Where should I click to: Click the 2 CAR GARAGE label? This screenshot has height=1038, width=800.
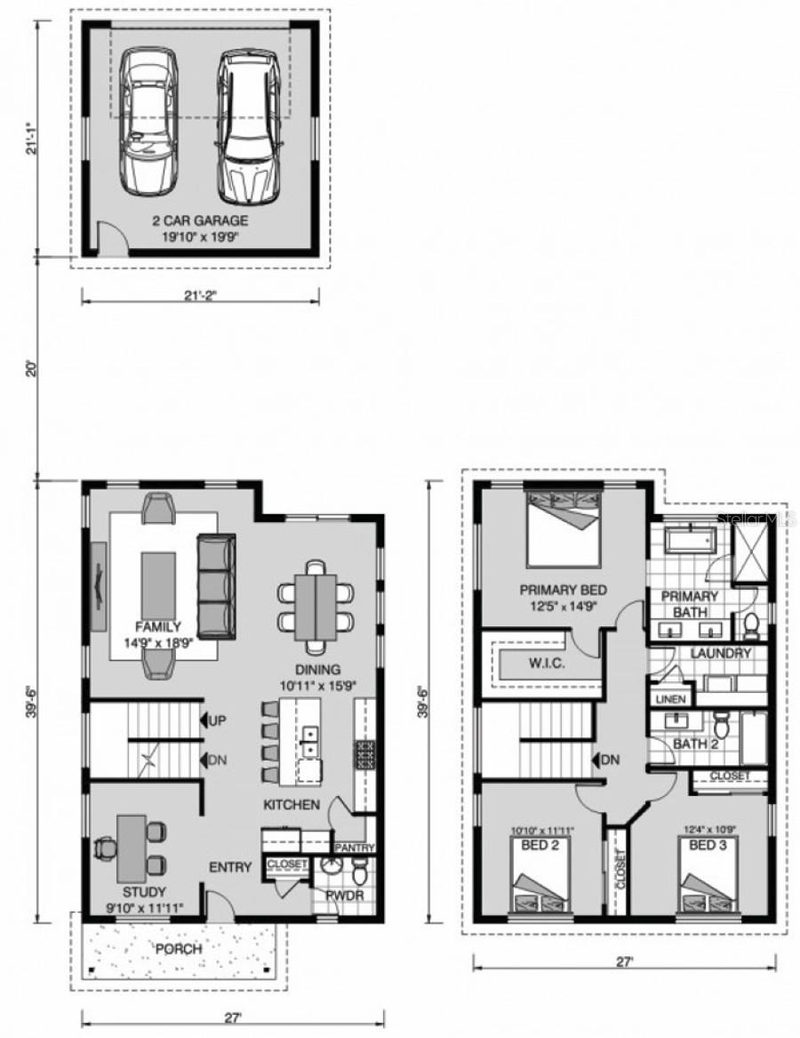(x=198, y=221)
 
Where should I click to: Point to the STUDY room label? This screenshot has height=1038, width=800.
(x=144, y=891)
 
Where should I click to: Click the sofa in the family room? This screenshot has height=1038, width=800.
(x=216, y=586)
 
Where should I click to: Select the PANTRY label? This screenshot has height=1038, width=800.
(x=354, y=849)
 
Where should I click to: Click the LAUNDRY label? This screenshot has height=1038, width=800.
(x=721, y=653)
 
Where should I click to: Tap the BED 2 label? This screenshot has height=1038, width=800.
(x=540, y=845)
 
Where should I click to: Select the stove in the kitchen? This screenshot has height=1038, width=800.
(x=364, y=754)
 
